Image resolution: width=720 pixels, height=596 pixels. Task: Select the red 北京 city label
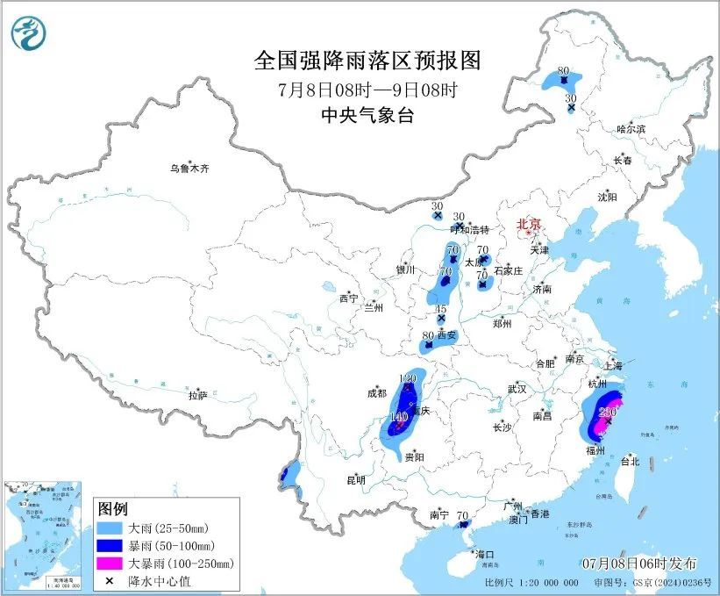(528, 224)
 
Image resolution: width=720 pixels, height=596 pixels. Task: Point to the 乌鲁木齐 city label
(190, 169)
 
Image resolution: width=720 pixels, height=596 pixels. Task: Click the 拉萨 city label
(198, 396)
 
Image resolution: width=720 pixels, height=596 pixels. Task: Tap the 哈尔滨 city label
(630, 129)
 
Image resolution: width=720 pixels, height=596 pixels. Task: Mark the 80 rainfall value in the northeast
(563, 71)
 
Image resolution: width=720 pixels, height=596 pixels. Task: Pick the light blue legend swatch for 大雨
(111, 529)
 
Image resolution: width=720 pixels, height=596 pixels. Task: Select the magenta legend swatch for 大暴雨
(111, 563)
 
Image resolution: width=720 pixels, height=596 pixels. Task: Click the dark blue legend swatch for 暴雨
(111, 546)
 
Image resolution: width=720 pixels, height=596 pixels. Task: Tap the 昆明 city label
(355, 480)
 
